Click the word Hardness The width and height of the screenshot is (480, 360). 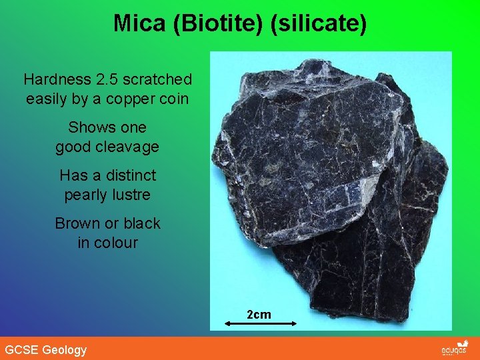click(57, 80)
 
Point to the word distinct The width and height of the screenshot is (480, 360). click(129, 176)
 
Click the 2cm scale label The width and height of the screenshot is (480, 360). click(259, 314)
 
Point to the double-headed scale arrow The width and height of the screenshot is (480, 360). click(259, 323)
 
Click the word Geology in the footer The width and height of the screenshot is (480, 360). click(64, 350)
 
